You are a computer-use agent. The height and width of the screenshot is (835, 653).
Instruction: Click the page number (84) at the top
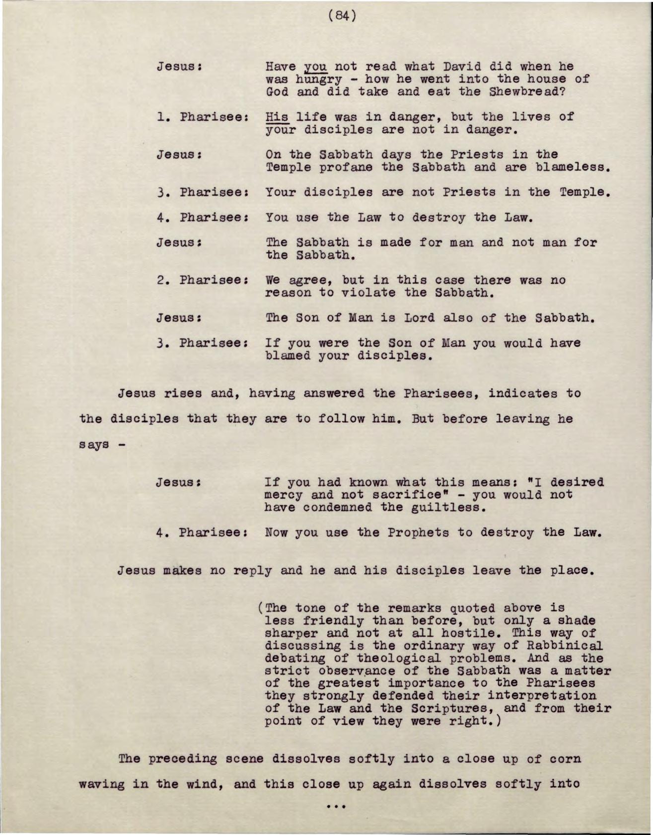tap(342, 16)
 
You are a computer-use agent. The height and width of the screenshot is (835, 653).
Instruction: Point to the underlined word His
tap(277, 117)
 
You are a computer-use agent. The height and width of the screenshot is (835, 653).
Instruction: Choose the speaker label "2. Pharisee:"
tap(203, 280)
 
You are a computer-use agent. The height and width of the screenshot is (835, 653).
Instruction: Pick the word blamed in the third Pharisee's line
tap(285, 356)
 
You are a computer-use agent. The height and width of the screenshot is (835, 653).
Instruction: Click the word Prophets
tap(418, 533)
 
